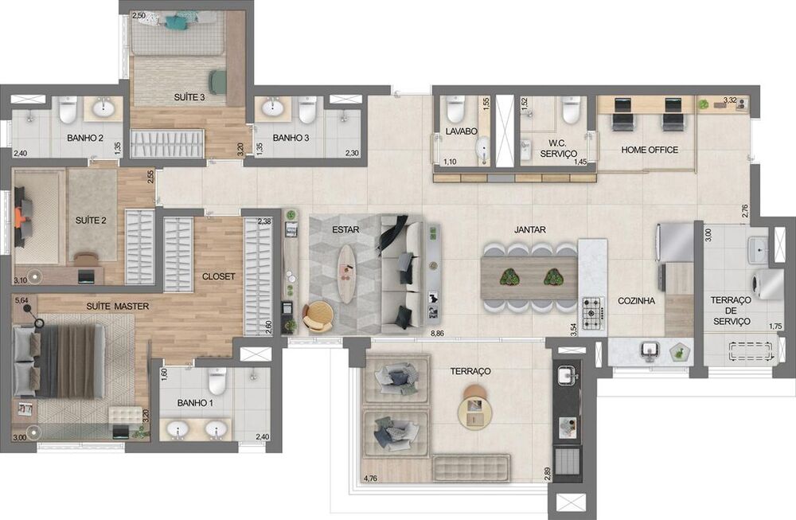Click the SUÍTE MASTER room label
coord(117,305)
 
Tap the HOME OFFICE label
coord(650,150)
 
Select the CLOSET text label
coord(218,276)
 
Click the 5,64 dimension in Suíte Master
coord(21,301)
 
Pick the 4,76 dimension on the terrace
coord(370,478)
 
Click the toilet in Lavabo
coord(455,108)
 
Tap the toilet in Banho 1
coord(217,381)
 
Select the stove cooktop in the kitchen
coord(593,313)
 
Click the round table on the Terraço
coord(474,409)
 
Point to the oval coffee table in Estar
coord(347,273)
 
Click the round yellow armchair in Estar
coord(318,316)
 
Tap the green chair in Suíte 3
coord(217,81)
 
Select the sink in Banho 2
coord(103,108)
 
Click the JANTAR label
coord(529,229)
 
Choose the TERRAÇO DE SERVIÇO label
coord(730,311)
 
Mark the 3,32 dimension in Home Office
coord(730,100)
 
